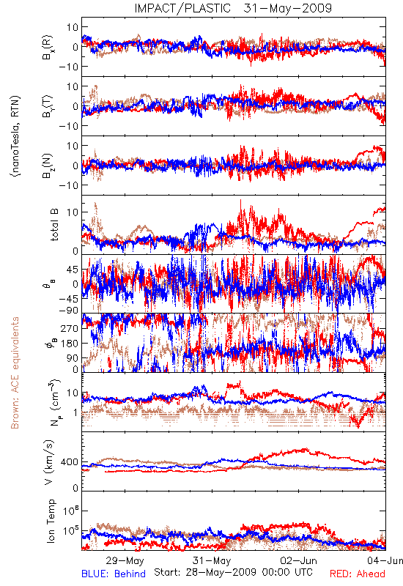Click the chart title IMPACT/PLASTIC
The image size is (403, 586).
[182, 8]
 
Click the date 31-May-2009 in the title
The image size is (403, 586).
[287, 8]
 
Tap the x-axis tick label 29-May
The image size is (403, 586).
[125, 560]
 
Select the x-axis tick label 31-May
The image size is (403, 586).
[212, 560]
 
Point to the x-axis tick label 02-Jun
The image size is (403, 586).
[298, 560]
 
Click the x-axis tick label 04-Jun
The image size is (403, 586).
[385, 560]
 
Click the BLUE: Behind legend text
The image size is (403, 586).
[114, 574]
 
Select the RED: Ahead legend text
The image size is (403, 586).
[357, 574]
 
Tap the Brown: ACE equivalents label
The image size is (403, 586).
[15, 373]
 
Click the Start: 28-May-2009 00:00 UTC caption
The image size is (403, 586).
[233, 572]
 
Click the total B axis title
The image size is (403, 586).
[54, 225]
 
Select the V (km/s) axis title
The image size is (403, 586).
[49, 462]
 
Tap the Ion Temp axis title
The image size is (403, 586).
[51, 521]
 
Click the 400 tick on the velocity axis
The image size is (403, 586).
[70, 462]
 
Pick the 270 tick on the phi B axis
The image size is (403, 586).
[70, 328]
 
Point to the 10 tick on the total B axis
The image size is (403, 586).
[73, 212]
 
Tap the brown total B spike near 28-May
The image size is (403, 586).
[96, 204]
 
